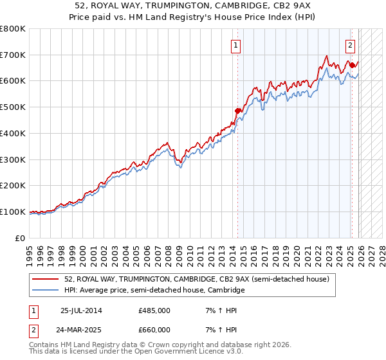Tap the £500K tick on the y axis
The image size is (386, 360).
pyautogui.click(x=13, y=107)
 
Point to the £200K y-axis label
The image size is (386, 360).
pyautogui.click(x=13, y=186)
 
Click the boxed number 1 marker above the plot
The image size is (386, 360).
pyautogui.click(x=237, y=46)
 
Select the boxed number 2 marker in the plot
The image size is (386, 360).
pyautogui.click(x=351, y=46)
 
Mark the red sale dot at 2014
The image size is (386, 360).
pyautogui.click(x=237, y=111)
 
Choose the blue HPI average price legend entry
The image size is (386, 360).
pyautogui.click(x=154, y=291)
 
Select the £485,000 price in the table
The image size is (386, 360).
pyautogui.click(x=154, y=310)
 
